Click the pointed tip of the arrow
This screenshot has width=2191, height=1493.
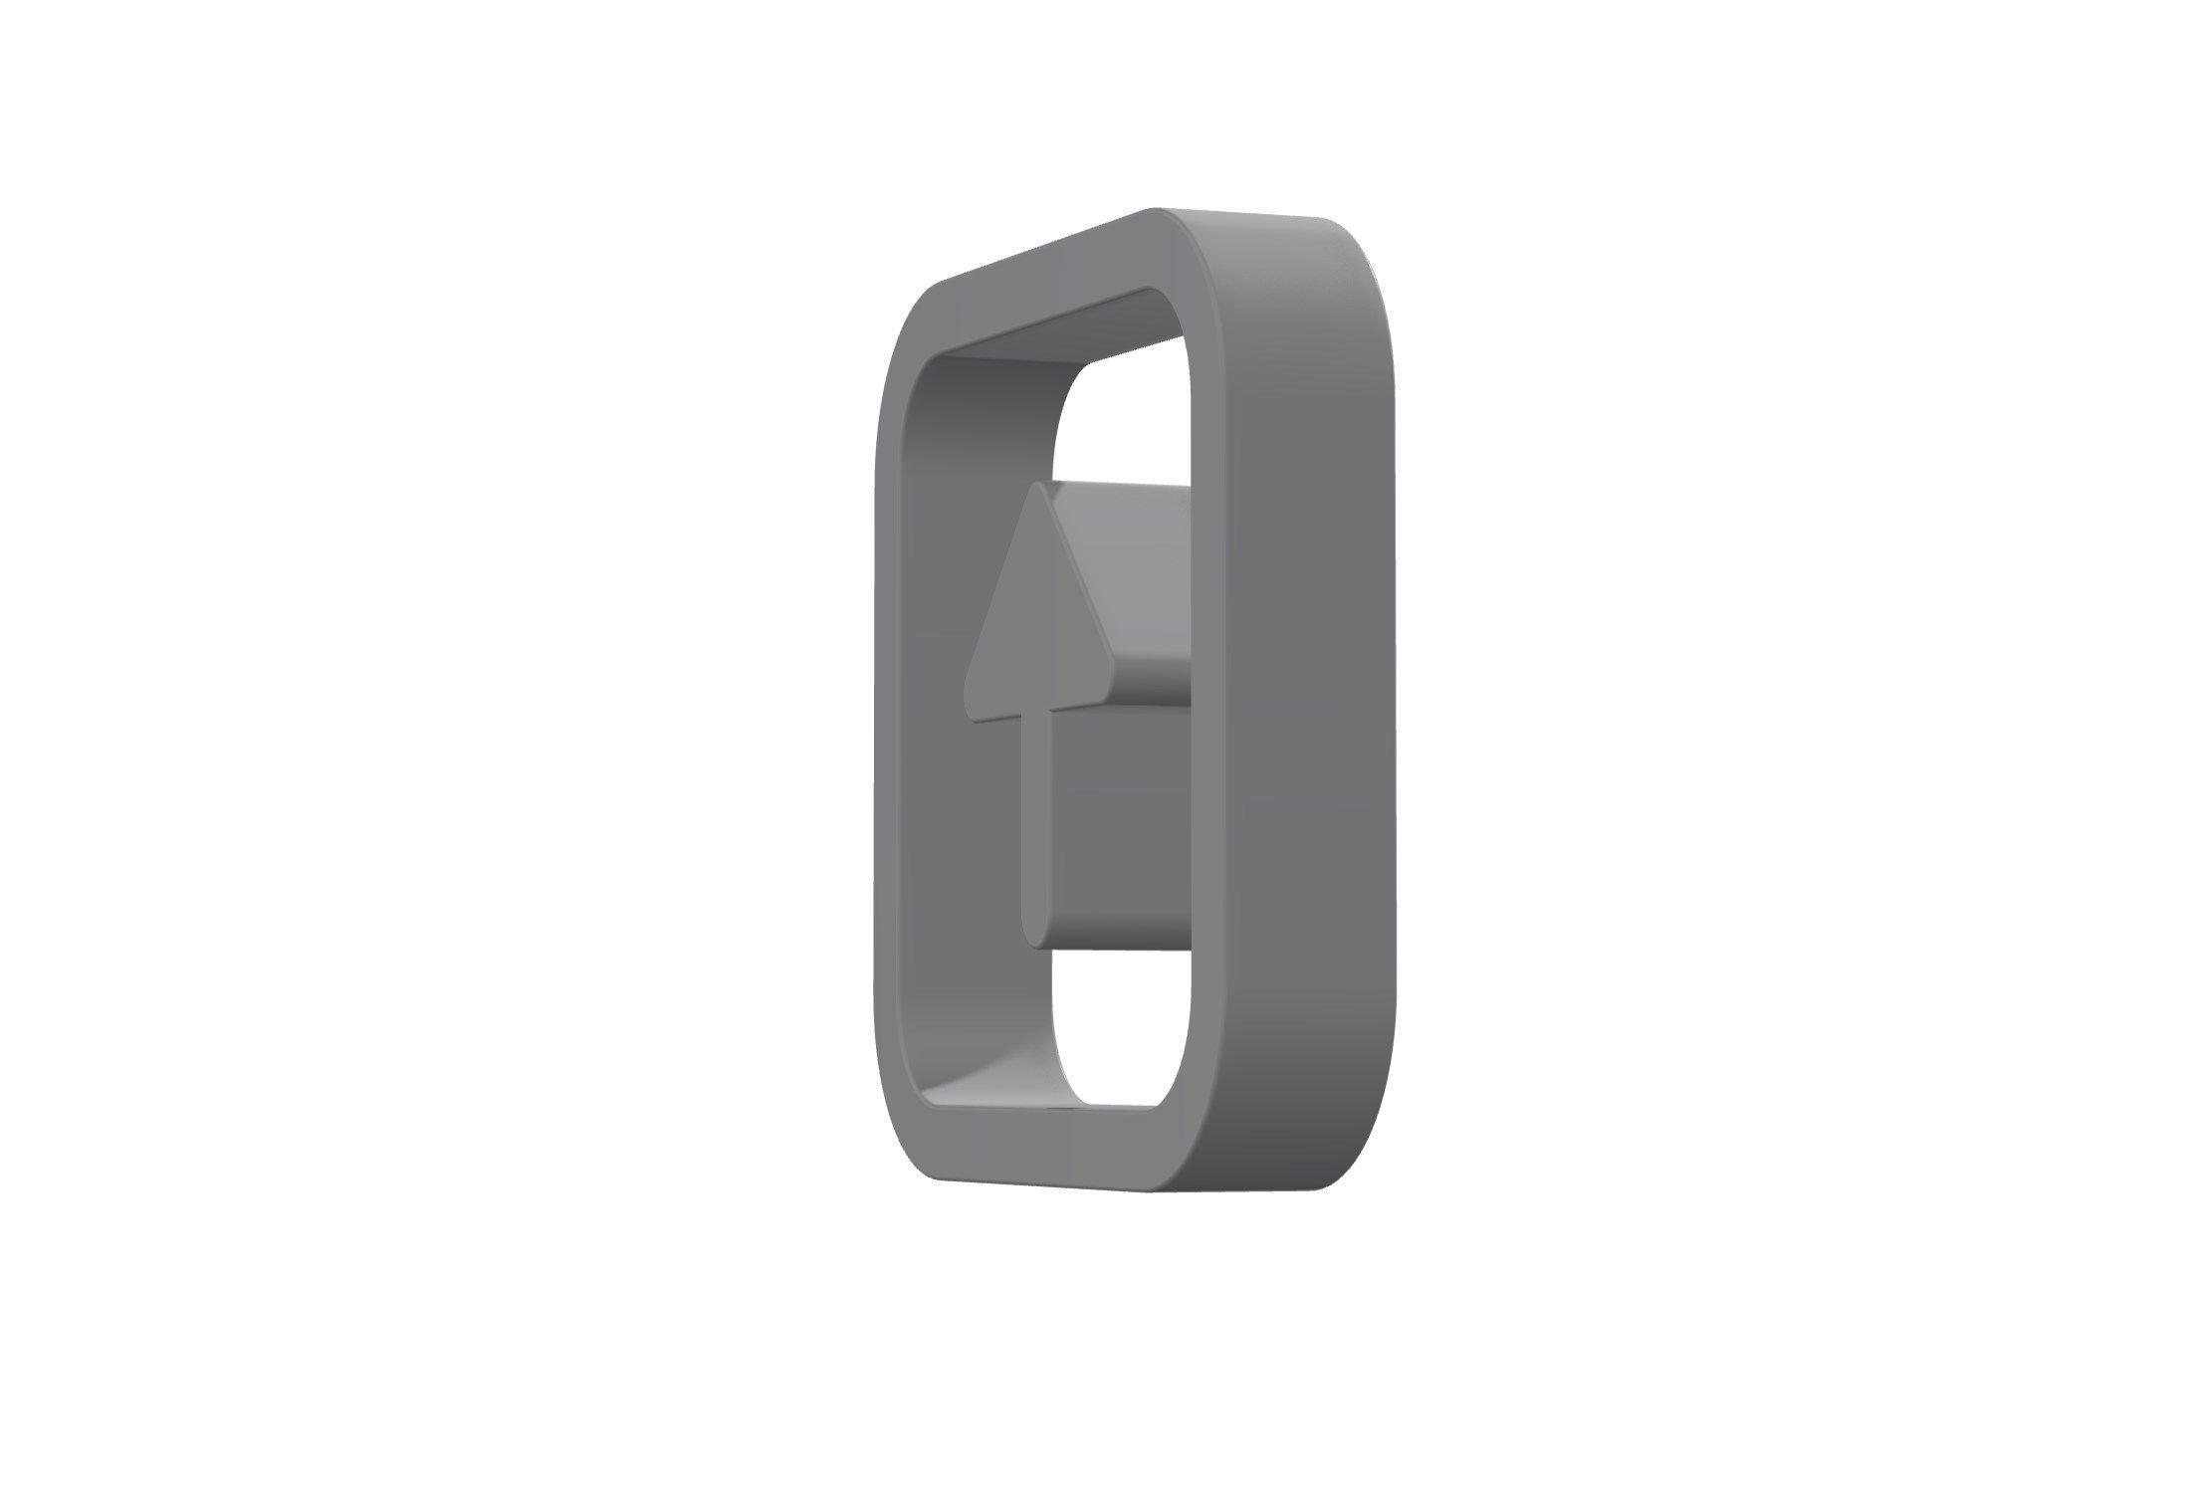[1038, 489]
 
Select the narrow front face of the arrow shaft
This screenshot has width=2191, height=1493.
[1036, 826]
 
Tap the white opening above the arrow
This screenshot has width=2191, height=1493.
[1125, 418]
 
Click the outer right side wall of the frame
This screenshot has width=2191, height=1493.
[1304, 697]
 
